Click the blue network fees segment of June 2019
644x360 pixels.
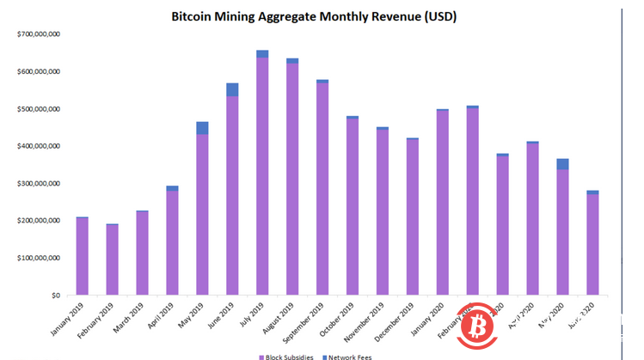232,89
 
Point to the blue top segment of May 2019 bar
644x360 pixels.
202,128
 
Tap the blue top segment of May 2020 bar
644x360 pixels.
562,164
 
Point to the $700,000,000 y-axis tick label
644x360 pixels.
38,34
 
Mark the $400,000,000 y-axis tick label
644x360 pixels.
38,146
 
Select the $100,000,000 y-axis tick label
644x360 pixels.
38,258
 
